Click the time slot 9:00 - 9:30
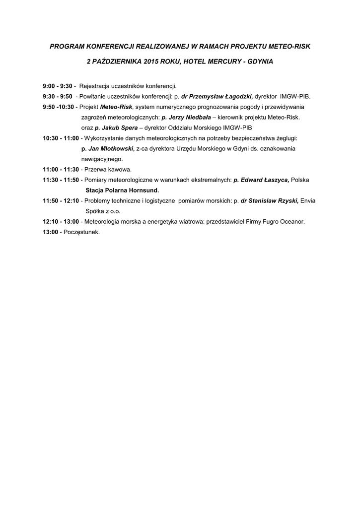tap(58, 86)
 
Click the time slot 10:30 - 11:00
tap(61, 138)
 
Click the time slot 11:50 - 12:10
tap(61, 200)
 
